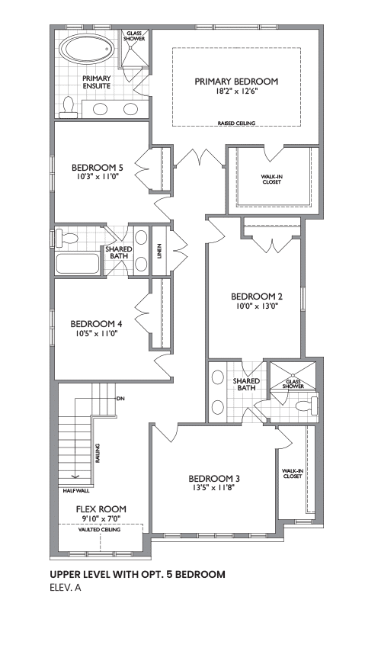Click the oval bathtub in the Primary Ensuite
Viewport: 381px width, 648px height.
pyautogui.click(x=86, y=50)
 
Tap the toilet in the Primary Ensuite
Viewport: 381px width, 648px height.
pyautogui.click(x=67, y=107)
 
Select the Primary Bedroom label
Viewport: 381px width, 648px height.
pyautogui.click(x=236, y=82)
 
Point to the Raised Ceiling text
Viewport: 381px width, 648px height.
pyautogui.click(x=237, y=123)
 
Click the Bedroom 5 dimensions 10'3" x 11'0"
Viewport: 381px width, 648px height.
pyautogui.click(x=98, y=176)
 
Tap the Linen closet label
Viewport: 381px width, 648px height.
pyautogui.click(x=159, y=252)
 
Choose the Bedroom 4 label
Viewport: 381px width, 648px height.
pyautogui.click(x=96, y=323)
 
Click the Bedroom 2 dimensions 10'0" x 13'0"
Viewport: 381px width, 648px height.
pyautogui.click(x=257, y=306)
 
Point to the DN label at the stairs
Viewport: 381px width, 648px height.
pyautogui.click(x=120, y=399)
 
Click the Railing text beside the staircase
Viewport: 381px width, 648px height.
pyautogui.click(x=98, y=454)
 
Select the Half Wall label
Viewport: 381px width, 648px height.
pyautogui.click(x=75, y=492)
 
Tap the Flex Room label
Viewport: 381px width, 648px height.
pyautogui.click(x=101, y=509)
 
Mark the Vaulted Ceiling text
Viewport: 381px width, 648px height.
pyautogui.click(x=100, y=529)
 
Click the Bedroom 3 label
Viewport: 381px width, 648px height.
pyautogui.click(x=214, y=479)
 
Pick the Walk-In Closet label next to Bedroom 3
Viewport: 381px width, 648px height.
pyautogui.click(x=292, y=473)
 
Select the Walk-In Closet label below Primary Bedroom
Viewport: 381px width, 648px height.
pyautogui.click(x=271, y=179)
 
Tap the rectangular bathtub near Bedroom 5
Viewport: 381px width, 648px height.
pyautogui.click(x=78, y=263)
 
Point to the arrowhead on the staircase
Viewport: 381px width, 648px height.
pyautogui.click(x=75, y=476)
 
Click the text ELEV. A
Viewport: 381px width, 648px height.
pyautogui.click(x=66, y=588)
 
